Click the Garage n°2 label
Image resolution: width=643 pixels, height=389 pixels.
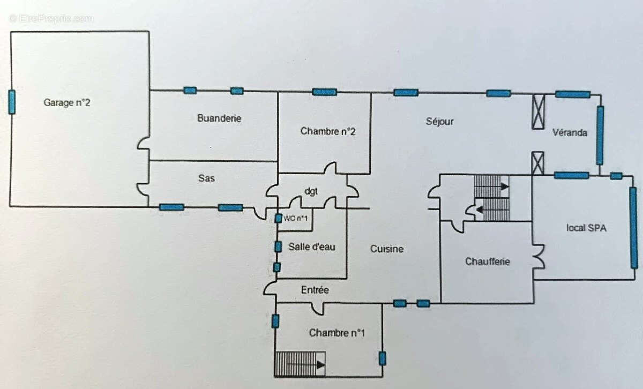[66, 103]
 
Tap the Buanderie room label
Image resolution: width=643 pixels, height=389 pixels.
[219, 118]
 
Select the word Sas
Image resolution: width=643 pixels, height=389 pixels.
[206, 178]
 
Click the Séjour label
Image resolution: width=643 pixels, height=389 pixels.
[439, 121]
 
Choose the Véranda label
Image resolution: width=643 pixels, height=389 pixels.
[570, 132]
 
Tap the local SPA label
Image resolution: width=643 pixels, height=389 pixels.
[586, 228]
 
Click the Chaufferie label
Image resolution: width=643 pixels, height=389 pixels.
[487, 261]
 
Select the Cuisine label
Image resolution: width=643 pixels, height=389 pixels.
[386, 249]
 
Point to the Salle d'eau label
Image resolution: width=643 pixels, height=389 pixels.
[312, 246]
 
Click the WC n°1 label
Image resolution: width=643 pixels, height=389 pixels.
[296, 218]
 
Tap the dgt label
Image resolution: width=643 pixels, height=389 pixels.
[311, 190]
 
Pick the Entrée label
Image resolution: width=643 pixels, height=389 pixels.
[315, 290]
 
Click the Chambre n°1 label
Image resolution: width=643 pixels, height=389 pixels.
[337, 333]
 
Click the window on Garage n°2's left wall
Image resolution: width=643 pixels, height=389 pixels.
[12, 102]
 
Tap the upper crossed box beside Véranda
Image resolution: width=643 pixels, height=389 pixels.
[538, 111]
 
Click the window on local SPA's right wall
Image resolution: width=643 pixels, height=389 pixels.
[633, 227]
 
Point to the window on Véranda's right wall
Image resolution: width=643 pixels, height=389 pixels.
[600, 135]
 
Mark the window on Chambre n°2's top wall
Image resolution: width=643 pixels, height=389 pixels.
[325, 92]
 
